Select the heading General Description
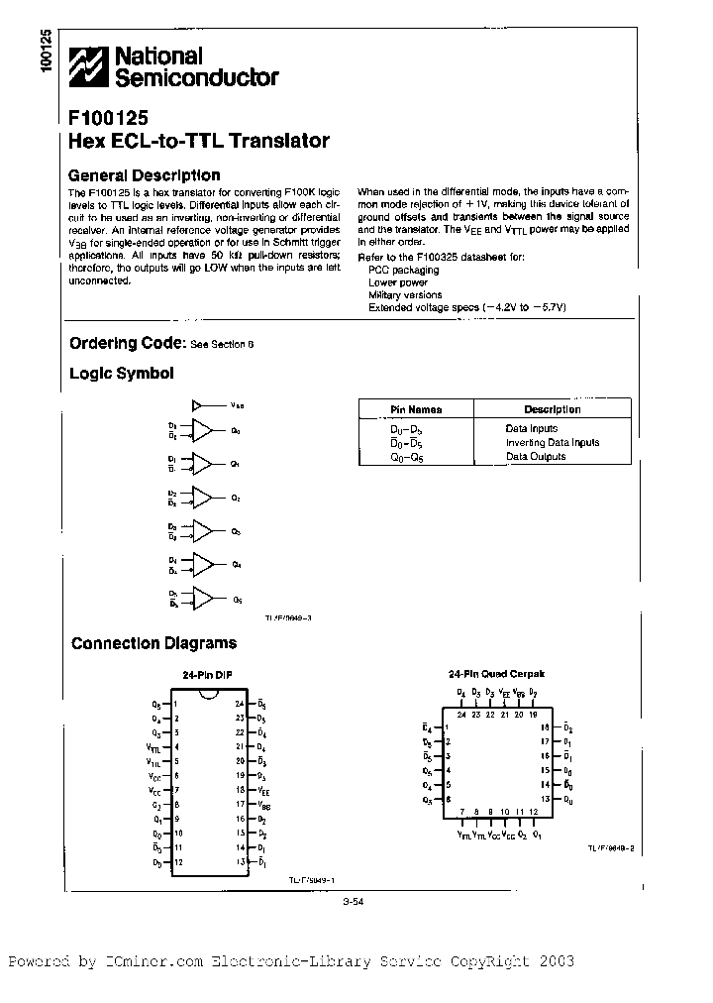click(144, 175)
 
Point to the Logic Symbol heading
click(121, 374)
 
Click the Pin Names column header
click(415, 409)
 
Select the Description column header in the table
click(552, 409)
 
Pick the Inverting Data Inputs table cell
click(552, 443)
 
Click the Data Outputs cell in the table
click(536, 457)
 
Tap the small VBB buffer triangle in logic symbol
click(197, 404)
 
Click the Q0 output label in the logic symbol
click(236, 431)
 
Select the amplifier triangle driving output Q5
click(202, 599)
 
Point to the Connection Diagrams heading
click(153, 643)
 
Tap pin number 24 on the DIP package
click(240, 703)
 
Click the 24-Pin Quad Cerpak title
click(496, 674)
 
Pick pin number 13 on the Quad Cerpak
click(544, 798)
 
